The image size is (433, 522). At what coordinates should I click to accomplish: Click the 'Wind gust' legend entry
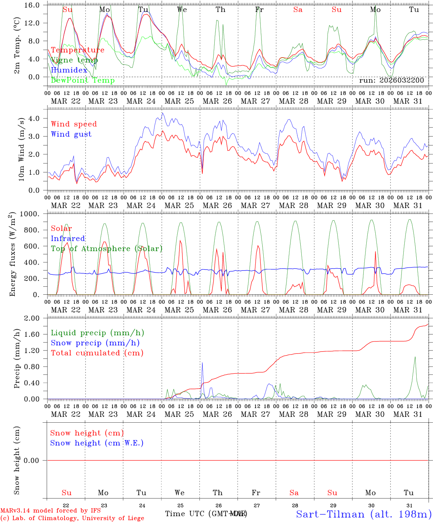click(71, 134)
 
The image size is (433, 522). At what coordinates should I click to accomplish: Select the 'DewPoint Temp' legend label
click(83, 80)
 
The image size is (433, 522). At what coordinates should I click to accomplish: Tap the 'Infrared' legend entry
click(68, 239)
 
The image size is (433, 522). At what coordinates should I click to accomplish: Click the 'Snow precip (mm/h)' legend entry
click(95, 343)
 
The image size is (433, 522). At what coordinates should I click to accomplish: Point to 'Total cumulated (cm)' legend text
click(97, 353)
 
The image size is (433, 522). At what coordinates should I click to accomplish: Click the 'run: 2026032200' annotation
click(391, 80)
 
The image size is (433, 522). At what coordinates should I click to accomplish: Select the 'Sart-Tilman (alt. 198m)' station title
click(364, 514)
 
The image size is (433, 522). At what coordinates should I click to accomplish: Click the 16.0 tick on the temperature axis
click(36, 5)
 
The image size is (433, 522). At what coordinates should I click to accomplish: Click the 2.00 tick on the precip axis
click(36, 318)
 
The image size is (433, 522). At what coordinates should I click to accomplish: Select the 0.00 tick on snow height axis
click(36, 460)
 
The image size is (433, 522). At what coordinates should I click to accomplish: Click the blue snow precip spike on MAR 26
click(202, 363)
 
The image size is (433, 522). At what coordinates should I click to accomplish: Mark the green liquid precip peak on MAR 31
click(415, 357)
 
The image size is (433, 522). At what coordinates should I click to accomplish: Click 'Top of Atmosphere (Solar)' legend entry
click(106, 249)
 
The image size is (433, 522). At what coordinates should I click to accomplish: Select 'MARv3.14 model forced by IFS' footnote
click(50, 511)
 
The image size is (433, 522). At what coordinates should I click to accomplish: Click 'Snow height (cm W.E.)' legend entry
click(96, 443)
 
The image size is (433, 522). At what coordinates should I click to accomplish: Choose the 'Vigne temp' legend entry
click(74, 60)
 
